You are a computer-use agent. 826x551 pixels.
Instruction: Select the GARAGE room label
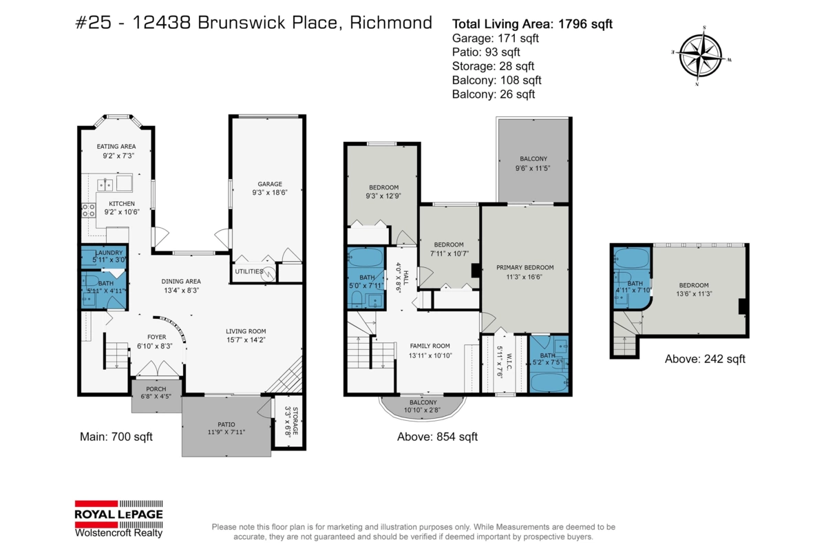[x=270, y=184]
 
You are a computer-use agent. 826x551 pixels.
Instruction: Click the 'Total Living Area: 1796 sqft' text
[x=532, y=24]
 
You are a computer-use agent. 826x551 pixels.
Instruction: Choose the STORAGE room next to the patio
[x=290, y=422]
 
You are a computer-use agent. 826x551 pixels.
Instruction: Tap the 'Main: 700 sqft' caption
[x=116, y=437]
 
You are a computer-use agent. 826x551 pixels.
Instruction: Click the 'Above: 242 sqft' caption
[x=705, y=359]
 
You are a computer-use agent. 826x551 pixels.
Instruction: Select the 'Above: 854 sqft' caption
[x=437, y=437]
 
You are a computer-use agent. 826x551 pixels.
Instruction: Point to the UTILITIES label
[x=248, y=271]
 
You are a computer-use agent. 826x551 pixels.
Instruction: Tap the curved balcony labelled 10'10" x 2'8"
[x=423, y=406]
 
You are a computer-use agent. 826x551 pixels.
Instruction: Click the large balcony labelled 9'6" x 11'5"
[x=533, y=163]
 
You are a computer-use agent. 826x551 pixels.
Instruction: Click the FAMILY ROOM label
[x=430, y=346]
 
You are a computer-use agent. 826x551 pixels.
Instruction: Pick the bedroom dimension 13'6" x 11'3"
[x=699, y=294]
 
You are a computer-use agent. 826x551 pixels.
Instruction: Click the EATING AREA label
[x=116, y=146]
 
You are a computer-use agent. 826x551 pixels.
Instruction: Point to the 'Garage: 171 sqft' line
[x=495, y=39]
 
